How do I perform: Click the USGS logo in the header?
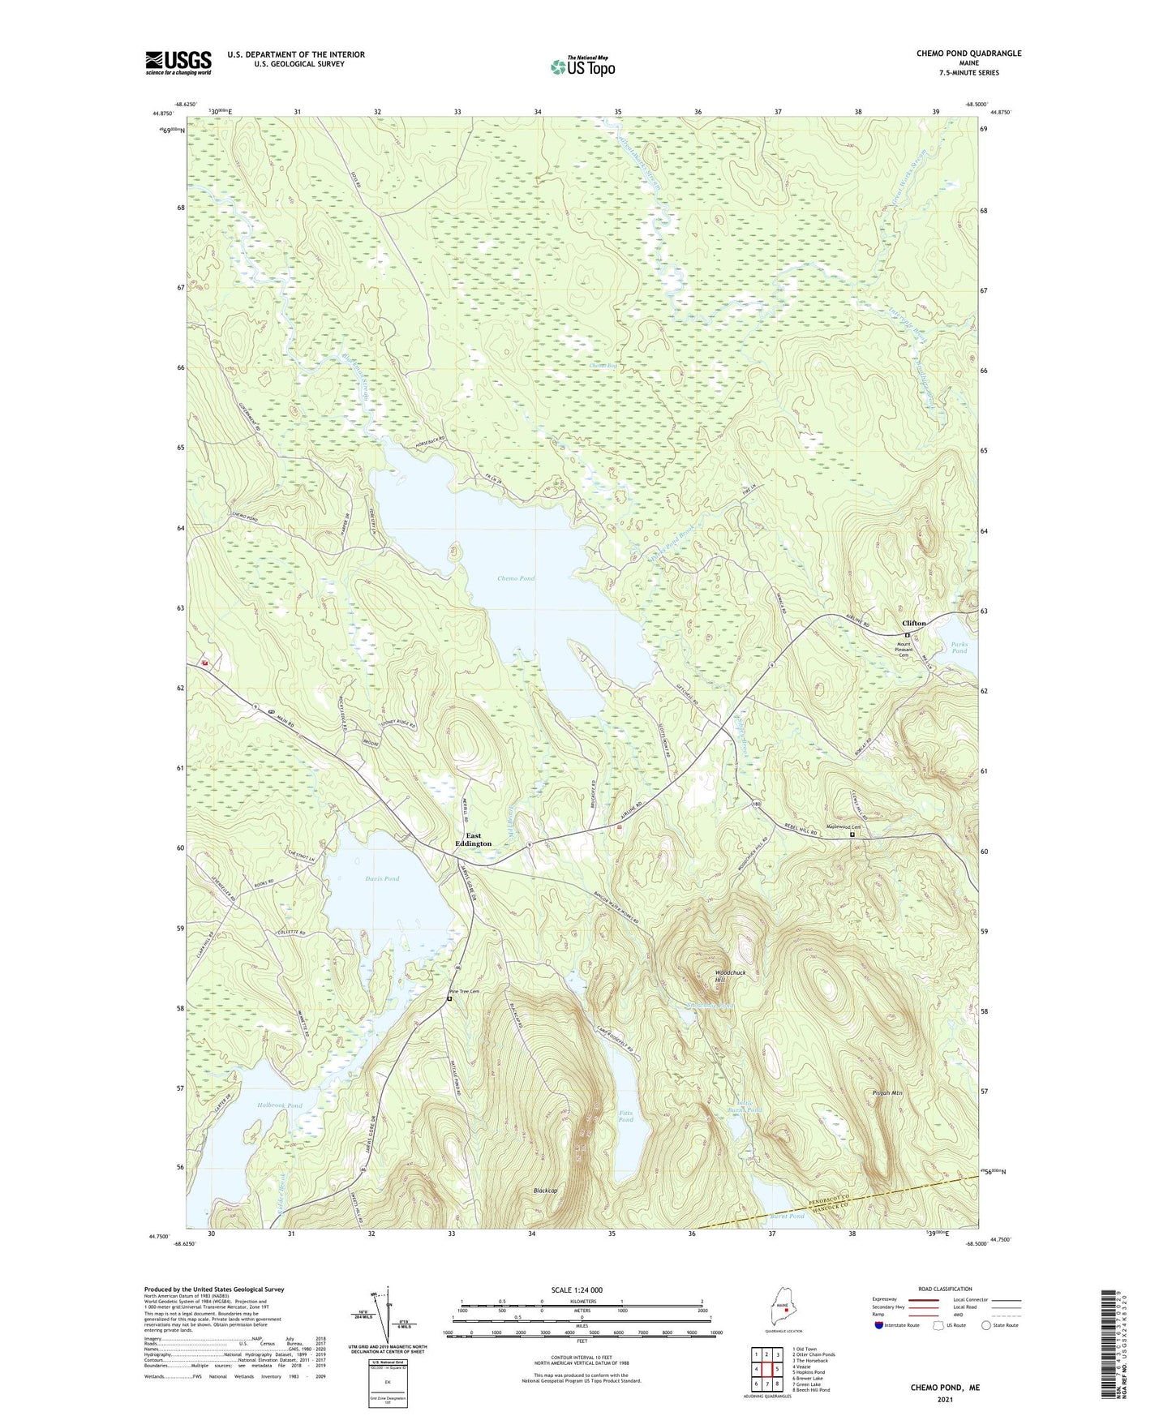[x=178, y=62]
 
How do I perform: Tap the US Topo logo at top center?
[x=582, y=67]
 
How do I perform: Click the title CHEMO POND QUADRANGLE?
[x=968, y=54]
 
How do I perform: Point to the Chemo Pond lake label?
[x=516, y=578]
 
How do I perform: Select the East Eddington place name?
[x=473, y=839]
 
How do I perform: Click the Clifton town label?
[x=914, y=624]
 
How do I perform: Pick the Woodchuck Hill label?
[x=730, y=976]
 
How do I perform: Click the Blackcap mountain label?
[x=545, y=1191]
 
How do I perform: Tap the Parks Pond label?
[x=959, y=647]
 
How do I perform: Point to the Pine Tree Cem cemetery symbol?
[x=449, y=999]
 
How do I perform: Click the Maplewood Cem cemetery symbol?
[x=852, y=834]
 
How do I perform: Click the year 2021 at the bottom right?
[x=945, y=1399]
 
